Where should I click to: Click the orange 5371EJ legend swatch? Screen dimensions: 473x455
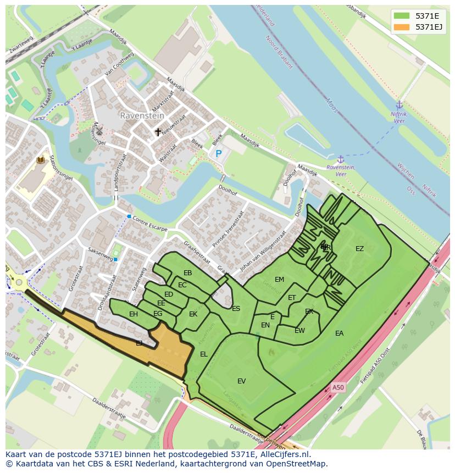pos(402,27)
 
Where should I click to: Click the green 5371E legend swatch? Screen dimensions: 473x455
pos(402,16)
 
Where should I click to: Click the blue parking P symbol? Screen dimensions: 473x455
pos(218,154)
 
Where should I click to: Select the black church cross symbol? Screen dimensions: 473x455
pos(158,132)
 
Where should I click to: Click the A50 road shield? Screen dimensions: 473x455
pos(338,387)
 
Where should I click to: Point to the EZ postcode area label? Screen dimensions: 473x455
pos(359,249)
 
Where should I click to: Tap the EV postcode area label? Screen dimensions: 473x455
pos(241,381)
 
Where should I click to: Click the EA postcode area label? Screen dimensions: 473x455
pos(339,333)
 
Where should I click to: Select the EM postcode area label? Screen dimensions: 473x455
pos(279,280)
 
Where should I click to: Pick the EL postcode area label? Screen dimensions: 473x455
pos(204,354)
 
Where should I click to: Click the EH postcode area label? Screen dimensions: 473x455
pos(134,314)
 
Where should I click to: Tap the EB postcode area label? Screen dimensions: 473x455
pos(188,273)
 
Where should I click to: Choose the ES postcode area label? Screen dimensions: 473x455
pos(236,309)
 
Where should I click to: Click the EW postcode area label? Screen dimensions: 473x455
pos(299,331)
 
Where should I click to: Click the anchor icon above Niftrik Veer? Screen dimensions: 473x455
pos(399,105)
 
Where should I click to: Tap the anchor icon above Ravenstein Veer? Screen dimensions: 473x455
pos(340,159)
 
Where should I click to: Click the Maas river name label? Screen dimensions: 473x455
pos(331,105)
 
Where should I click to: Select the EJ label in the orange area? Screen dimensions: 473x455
pos(139,343)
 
